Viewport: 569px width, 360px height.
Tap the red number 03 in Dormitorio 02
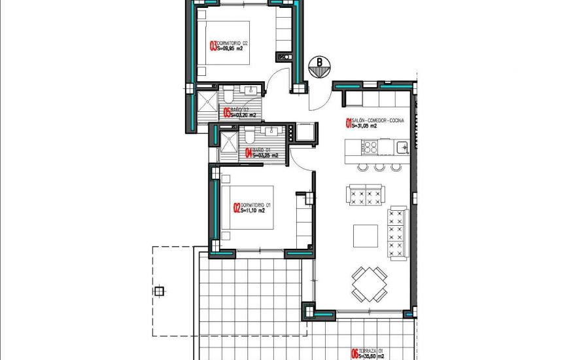[213, 46]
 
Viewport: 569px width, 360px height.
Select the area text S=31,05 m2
[365, 127]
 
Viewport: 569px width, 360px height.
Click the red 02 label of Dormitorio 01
[237, 208]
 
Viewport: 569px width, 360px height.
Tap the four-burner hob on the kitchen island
[367, 147]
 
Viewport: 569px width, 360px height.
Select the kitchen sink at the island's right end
[402, 146]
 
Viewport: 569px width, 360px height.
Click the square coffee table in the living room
[365, 236]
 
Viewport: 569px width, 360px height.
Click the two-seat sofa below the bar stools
[366, 195]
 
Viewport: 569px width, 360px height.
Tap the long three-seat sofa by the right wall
[397, 232]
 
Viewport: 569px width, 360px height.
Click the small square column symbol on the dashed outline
[159, 291]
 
